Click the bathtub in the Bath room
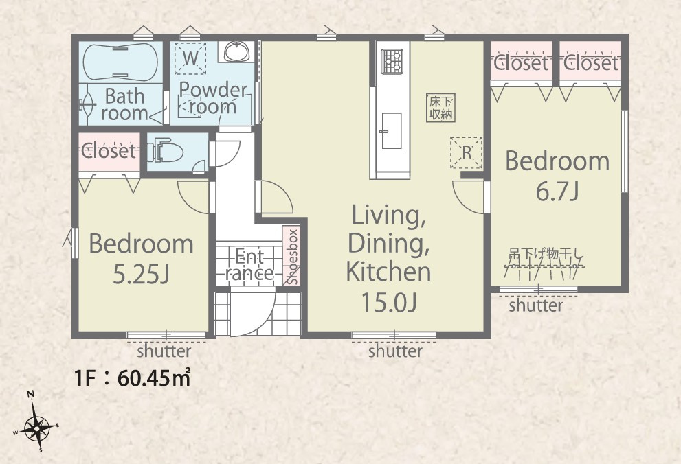120,62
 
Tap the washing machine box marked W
190,58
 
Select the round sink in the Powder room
236,51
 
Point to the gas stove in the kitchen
392,62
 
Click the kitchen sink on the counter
391,130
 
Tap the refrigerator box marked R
467,152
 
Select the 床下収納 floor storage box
440,108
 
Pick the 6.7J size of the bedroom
557,192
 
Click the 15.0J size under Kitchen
389,302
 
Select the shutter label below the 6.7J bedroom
536,305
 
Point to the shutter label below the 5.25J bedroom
164,351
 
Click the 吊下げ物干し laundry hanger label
546,254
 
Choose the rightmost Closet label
591,64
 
